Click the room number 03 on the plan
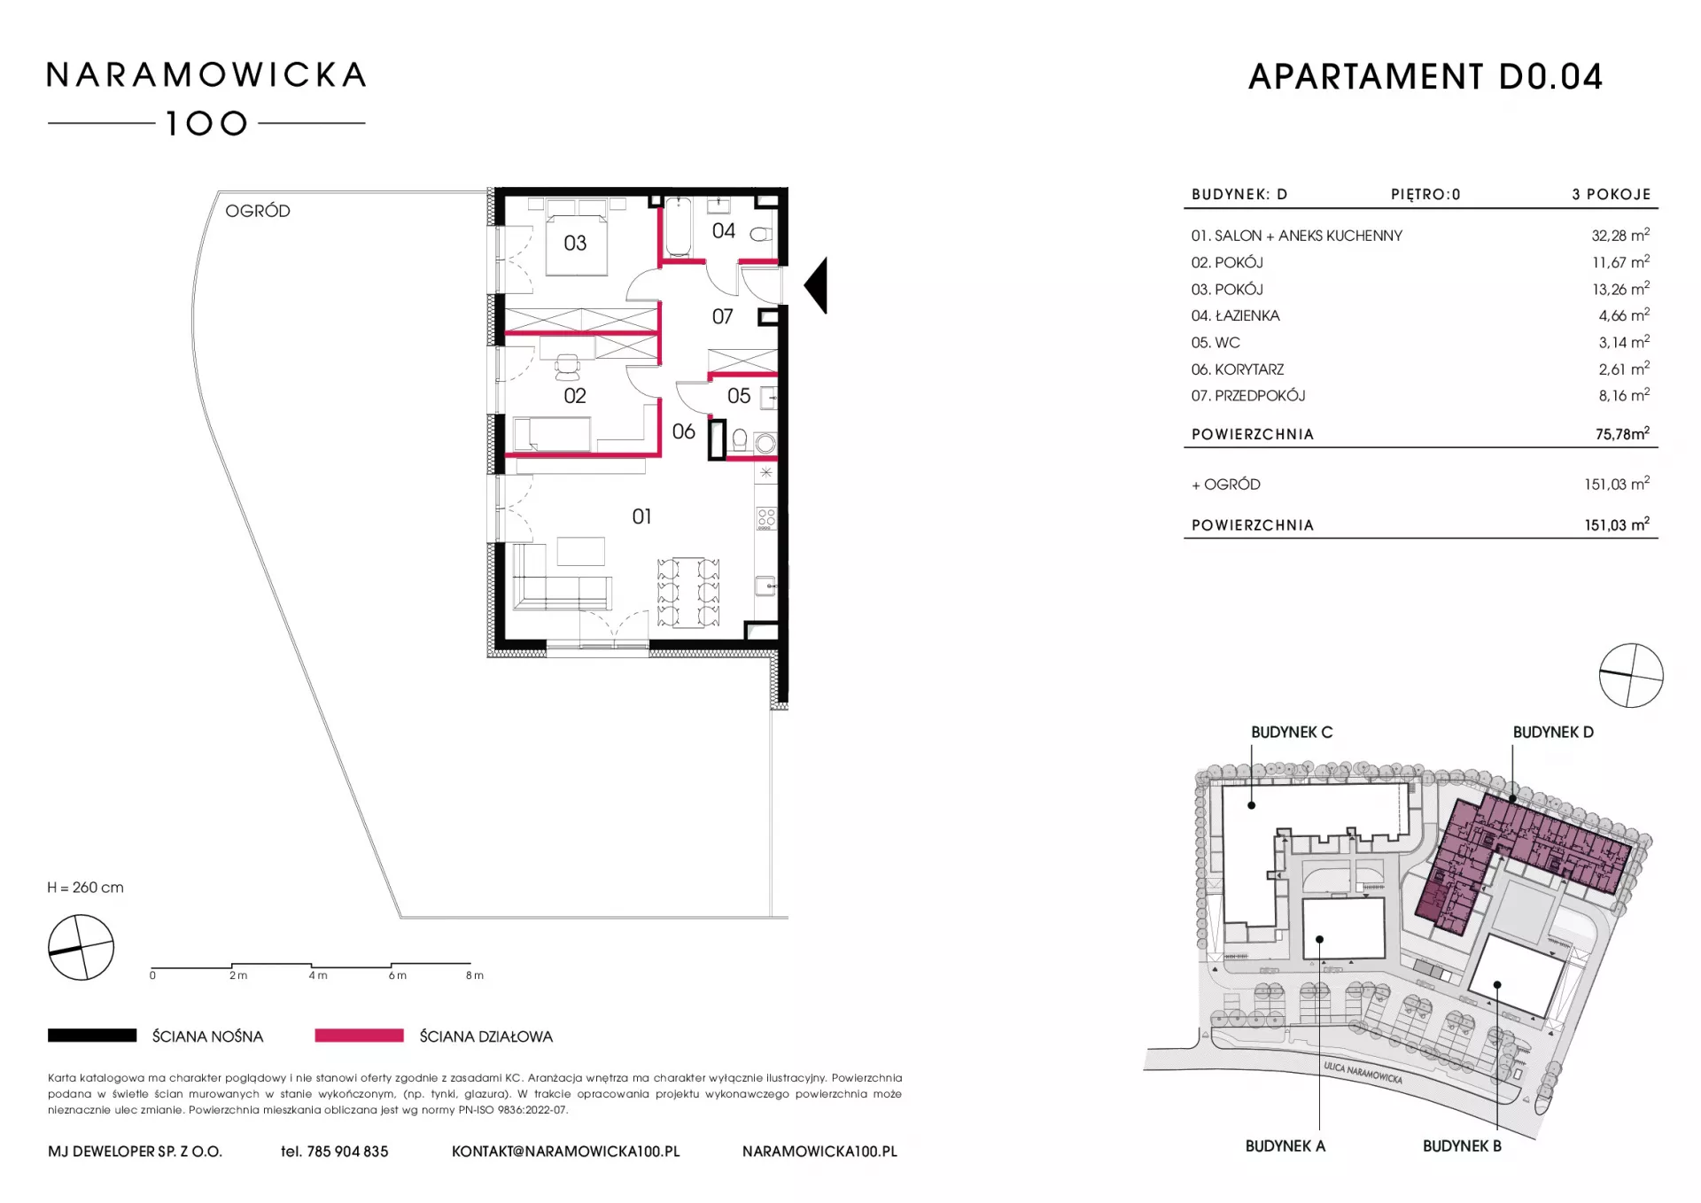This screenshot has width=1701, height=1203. (575, 243)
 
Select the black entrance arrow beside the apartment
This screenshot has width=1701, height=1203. (816, 285)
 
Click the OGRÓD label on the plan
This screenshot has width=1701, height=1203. (258, 211)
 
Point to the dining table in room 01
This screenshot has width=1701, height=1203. (688, 592)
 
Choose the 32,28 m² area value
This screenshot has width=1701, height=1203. (1620, 236)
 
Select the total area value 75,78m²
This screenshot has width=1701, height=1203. (1622, 434)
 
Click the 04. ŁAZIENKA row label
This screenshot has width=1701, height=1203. (1235, 315)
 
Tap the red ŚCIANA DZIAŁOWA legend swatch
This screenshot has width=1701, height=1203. (359, 1036)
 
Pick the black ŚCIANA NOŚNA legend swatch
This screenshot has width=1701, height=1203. (92, 1036)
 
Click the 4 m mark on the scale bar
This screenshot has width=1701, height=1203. (318, 975)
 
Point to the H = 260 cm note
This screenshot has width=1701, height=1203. (86, 888)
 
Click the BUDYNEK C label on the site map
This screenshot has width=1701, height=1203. (1292, 733)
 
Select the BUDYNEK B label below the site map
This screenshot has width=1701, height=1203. (1462, 1146)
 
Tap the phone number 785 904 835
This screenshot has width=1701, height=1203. (347, 1152)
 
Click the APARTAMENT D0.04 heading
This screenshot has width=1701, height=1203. (1425, 77)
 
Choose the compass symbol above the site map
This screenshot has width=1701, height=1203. (1631, 676)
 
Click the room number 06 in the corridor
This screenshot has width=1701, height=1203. (684, 431)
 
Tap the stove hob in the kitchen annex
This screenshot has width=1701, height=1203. (766, 518)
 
